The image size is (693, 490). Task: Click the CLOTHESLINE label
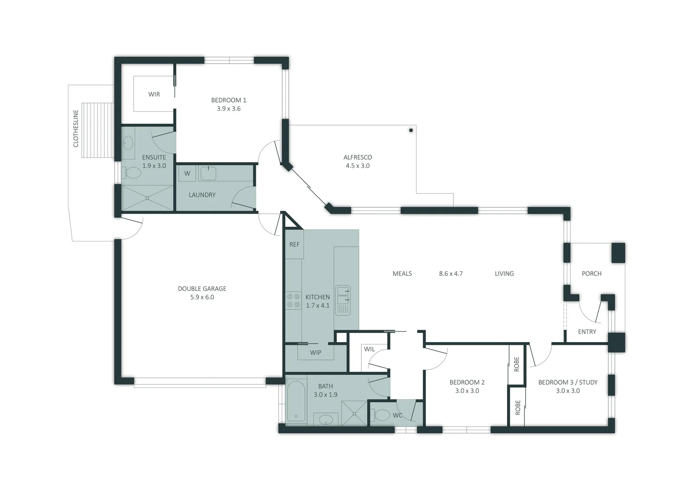coord(76,128)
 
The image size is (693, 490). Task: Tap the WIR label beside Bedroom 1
coord(154,94)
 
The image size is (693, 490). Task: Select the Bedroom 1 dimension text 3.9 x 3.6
coord(229,108)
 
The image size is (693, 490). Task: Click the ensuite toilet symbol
coord(133,173)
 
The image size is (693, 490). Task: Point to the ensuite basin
coord(128,143)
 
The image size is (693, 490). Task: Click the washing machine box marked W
coord(187,173)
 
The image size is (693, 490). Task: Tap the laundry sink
coord(208,173)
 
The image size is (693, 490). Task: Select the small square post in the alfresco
coord(411,130)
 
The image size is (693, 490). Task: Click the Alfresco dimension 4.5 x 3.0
coord(357,166)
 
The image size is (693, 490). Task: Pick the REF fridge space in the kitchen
coord(294,245)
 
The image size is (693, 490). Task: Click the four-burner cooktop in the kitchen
coord(293,301)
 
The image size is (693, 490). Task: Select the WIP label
coord(316,353)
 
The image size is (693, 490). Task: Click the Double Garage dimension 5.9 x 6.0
coord(202,297)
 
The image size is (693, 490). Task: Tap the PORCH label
coord(591,274)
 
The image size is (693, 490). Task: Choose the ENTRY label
coord(587,332)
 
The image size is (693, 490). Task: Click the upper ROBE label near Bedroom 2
coord(516,364)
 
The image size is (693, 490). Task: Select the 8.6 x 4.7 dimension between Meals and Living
coord(451,274)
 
